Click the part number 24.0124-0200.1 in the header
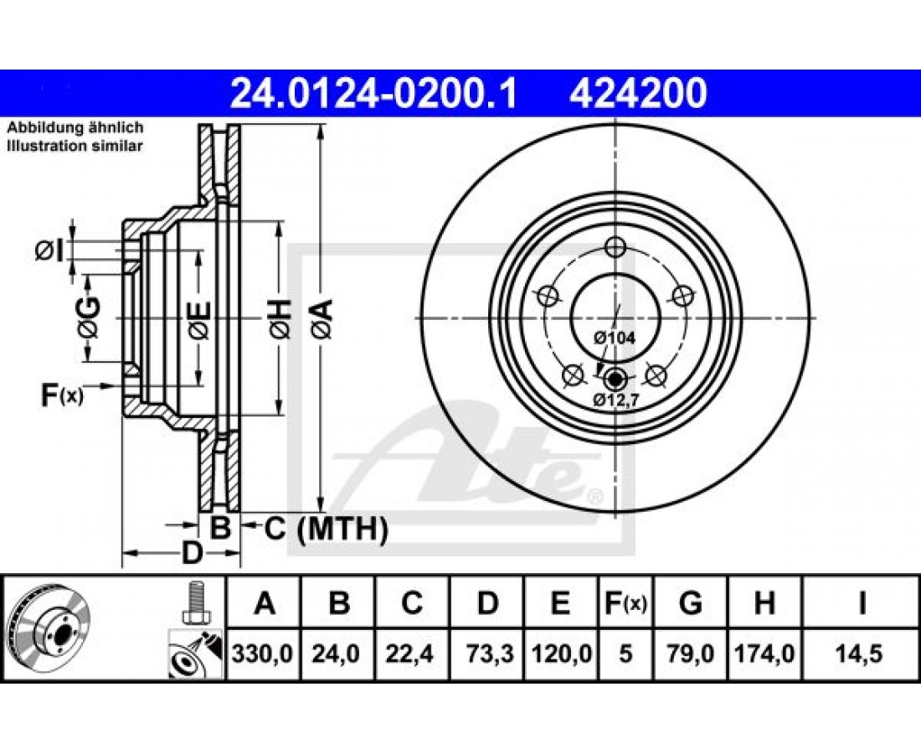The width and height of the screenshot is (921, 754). pos(373,93)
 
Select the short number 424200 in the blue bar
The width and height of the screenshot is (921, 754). pos(638,93)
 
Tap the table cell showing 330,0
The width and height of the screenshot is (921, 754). pos(264,653)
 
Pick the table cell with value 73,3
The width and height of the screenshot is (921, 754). pos(487,653)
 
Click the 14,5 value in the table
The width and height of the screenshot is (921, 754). pos(861,653)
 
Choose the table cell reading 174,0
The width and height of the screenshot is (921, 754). pos(764,653)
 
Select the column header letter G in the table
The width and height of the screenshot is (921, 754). pos(690,603)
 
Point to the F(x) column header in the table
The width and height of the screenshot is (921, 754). pos(625,603)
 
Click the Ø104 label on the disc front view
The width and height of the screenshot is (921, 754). pos(614,338)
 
